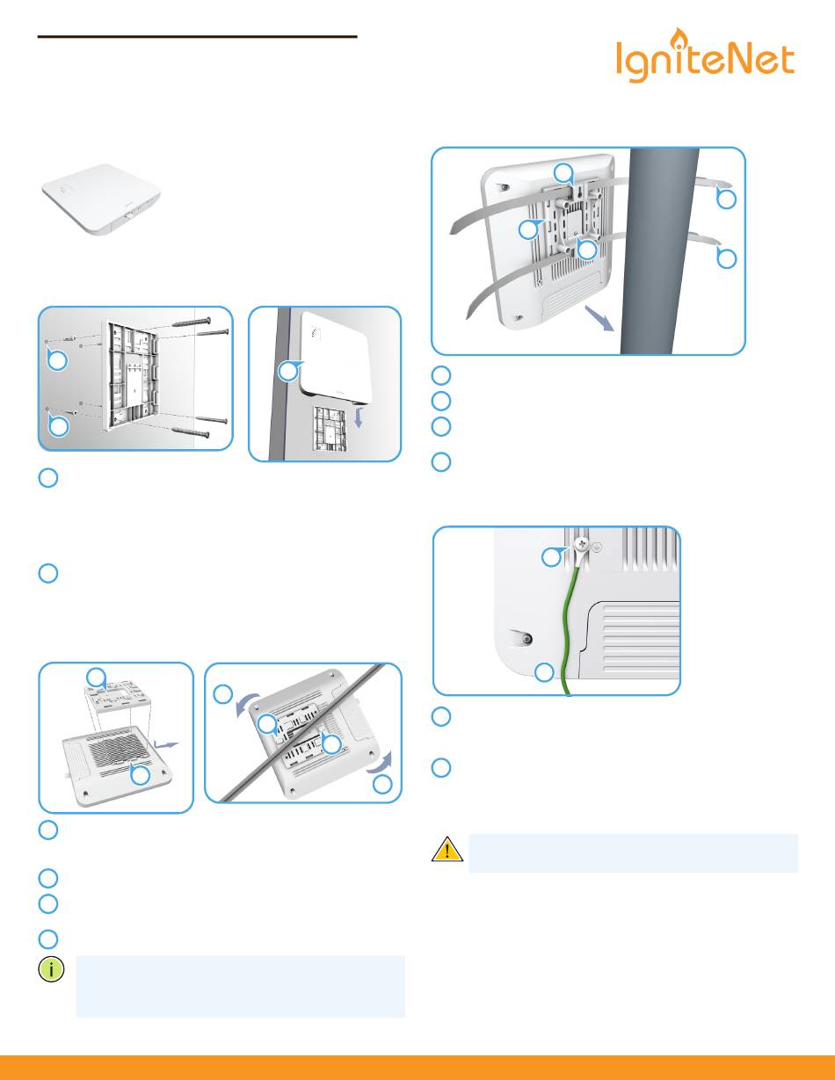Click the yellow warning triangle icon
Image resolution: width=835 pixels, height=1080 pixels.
tap(447, 850)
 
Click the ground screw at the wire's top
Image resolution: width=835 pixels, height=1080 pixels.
tap(581, 546)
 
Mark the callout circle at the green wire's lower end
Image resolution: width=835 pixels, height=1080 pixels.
tap(545, 673)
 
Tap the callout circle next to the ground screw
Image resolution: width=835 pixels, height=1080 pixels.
tap(550, 556)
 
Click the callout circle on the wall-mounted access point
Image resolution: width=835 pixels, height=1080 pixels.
tap(287, 372)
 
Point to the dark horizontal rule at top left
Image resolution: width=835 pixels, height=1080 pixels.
tap(198, 37)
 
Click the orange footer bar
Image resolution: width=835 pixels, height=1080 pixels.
tap(417, 1067)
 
